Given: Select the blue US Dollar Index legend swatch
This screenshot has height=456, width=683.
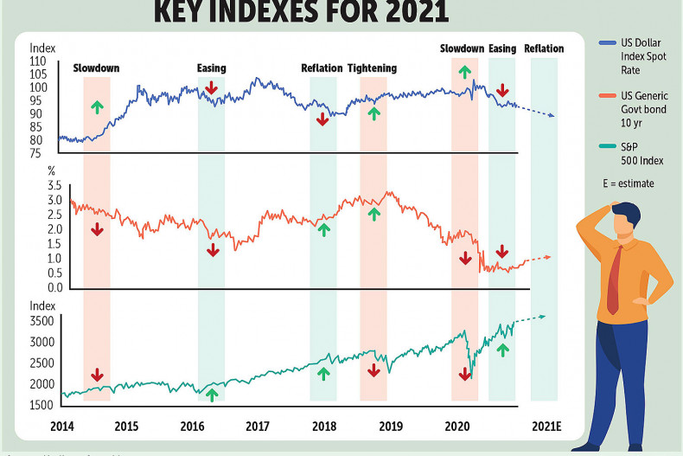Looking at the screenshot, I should [x=590, y=42].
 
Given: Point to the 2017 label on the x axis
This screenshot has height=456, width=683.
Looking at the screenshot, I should [x=257, y=426].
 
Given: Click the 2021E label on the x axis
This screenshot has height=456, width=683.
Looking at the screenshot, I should [x=546, y=426].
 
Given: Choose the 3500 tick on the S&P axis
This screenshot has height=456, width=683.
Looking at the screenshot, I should [x=43, y=321].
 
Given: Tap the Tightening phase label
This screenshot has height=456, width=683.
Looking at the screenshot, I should [x=373, y=68].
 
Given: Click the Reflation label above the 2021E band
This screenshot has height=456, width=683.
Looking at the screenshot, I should [x=544, y=48].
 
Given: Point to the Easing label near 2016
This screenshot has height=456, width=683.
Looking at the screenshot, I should [x=211, y=68].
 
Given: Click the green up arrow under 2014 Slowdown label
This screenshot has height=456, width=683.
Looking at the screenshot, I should [x=97, y=106].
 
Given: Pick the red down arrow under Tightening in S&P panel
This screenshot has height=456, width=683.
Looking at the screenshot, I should [x=373, y=369].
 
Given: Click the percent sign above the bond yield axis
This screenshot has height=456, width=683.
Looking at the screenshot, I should [x=51, y=171].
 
